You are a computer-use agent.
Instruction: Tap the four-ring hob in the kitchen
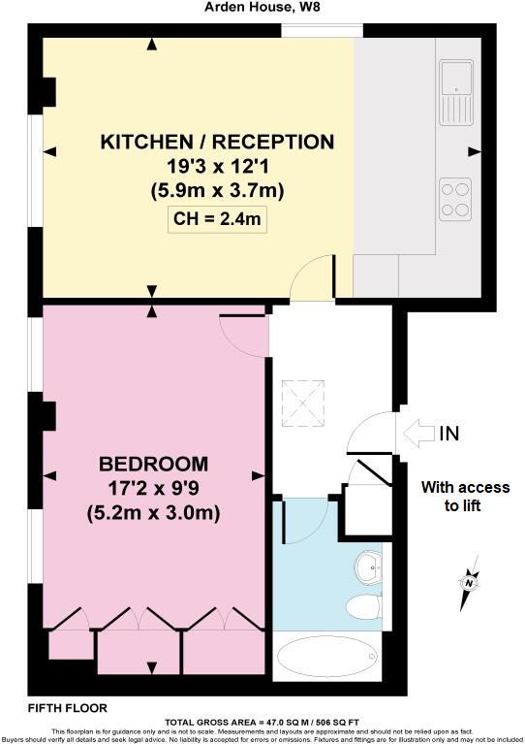pos(455,198)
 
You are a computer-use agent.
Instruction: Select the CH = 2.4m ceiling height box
pos(218,218)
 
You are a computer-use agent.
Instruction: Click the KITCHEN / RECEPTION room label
pos(217,143)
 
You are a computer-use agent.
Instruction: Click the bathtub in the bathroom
pos(325,658)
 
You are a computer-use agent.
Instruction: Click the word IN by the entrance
pos(449,433)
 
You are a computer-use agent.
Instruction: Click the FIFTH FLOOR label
pos(68,708)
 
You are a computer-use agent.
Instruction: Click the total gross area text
pos(262,722)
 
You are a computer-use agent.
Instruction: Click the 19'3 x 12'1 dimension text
pos(217,167)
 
